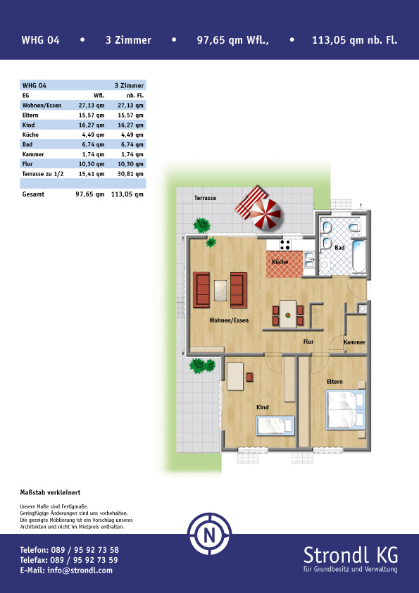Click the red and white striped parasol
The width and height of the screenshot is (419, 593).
pos(265,213)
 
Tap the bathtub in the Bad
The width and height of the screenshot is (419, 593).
pos(359,256)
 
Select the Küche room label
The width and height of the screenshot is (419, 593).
pos(280,262)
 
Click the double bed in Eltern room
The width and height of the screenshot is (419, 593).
pos(346,410)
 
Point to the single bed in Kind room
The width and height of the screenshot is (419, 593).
pos(275,425)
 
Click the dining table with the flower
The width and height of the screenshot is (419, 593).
pos(288,313)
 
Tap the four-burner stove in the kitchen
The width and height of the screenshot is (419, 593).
pos(285,244)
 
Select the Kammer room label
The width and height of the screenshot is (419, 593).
pos(354,342)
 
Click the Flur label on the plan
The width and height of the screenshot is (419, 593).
pos(308,342)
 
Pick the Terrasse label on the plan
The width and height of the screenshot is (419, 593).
pos(206,198)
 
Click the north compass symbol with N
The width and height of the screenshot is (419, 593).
pos(210,534)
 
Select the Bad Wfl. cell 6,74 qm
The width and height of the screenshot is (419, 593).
pos(92,144)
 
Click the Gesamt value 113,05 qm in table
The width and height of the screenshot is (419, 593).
pos(127,194)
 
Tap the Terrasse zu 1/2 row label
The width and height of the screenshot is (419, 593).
pos(43,174)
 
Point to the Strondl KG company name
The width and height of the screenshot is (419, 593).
pos(351,555)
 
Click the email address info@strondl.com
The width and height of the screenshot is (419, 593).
pos(80,570)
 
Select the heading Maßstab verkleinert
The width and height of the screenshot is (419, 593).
pos(50,492)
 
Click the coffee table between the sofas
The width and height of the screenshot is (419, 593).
pos(220,290)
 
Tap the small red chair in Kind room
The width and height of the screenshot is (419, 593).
pos(249,377)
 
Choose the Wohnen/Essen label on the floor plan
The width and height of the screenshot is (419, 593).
pos(229,320)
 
